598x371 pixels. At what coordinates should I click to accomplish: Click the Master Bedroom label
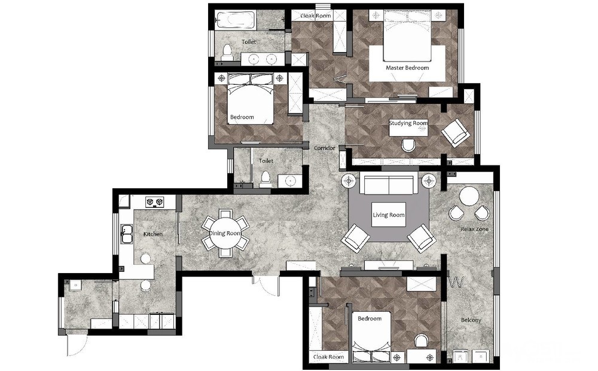pos(407,68)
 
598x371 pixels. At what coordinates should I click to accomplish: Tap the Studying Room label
pos(408,123)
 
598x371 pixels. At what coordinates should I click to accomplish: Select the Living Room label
pos(388,215)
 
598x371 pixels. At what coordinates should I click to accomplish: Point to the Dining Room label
pos(225,233)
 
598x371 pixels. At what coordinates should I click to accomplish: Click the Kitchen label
pos(153,234)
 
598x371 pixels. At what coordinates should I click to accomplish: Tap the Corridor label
pos(325,148)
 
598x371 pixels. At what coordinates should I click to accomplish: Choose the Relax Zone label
pos(474,229)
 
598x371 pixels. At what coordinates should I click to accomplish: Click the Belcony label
pos(471,320)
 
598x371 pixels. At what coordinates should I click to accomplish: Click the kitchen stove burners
pos(154,201)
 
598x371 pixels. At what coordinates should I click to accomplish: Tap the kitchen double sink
pos(127,234)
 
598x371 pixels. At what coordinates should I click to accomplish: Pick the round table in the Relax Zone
pos(469,197)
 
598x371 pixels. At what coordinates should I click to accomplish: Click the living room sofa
pos(389,184)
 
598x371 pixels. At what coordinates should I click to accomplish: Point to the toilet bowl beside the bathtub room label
pos(227,53)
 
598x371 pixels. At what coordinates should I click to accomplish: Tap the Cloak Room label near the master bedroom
pos(315,16)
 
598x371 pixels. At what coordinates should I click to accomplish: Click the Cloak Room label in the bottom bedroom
pos(328,357)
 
